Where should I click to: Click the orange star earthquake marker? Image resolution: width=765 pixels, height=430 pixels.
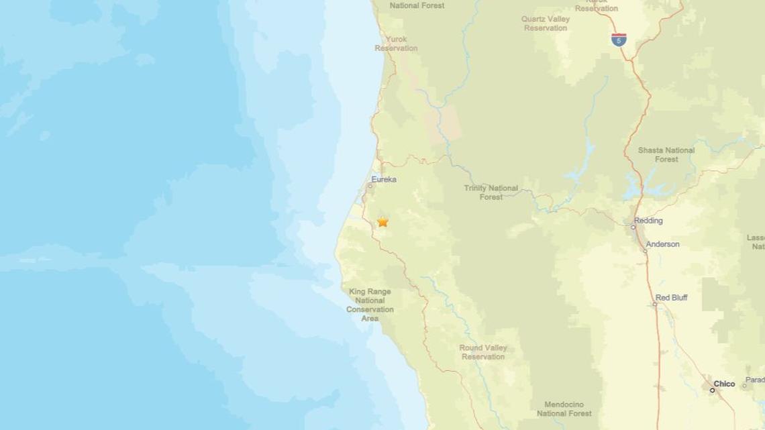tap(382, 221)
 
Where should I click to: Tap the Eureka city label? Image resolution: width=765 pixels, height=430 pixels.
tap(384, 180)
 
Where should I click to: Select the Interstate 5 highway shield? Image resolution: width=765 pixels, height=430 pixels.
tap(618, 40)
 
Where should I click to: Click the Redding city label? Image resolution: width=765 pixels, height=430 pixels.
tap(649, 221)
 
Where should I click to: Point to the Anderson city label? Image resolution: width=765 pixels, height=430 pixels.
tap(663, 244)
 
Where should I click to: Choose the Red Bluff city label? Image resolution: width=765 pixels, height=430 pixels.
tap(671, 297)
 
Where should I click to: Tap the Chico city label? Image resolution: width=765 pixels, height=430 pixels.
tap(724, 384)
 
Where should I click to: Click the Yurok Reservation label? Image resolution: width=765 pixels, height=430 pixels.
tap(396, 44)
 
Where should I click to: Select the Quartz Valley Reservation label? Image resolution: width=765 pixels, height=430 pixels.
tap(546, 23)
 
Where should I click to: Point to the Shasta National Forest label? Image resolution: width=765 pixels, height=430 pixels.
tap(657, 154)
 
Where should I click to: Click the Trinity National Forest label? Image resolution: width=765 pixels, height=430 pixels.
tap(491, 193)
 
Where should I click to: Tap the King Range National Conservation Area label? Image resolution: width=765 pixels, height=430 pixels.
tap(370, 305)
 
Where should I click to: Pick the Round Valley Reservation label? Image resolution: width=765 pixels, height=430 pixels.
tap(483, 352)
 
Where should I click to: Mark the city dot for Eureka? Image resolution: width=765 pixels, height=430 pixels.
tap(370, 186)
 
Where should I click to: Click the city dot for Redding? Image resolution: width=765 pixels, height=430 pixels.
tap(633, 227)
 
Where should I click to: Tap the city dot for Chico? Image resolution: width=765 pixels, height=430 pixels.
tap(713, 390)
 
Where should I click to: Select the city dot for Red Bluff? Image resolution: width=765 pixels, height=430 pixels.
tap(655, 304)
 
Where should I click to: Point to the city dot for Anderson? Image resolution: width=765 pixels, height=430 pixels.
tap(645, 251)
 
